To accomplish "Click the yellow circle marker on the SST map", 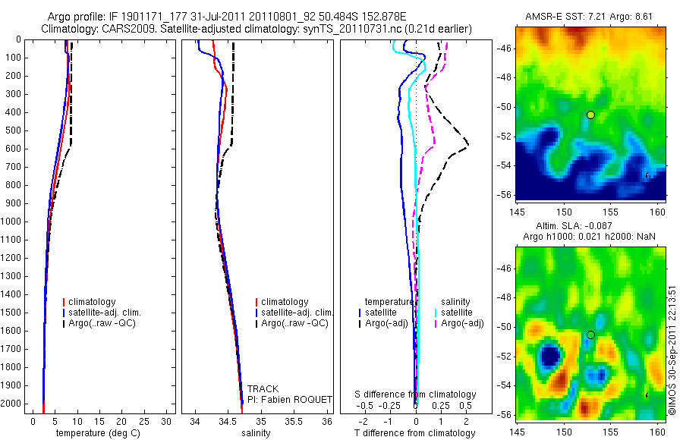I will tap(590, 115).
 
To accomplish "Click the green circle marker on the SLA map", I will tap(590, 335).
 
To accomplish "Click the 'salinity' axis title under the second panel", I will tap(255, 433).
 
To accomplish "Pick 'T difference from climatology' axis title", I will tap(414, 433).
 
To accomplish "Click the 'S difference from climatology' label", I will tap(416, 394).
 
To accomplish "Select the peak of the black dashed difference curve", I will tap(468, 144).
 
